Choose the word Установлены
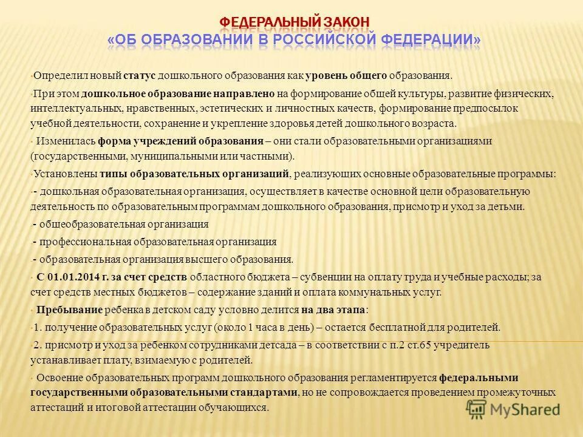click(x=63, y=174)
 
